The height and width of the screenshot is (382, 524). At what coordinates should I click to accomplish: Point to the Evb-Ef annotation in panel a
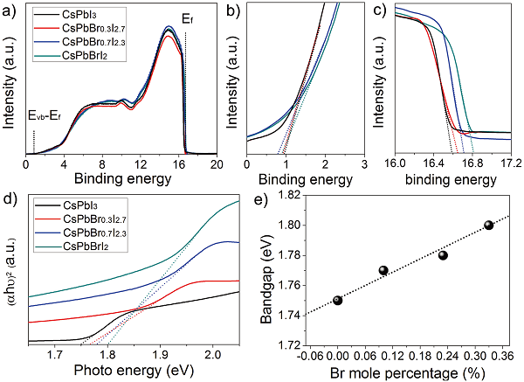tap(45, 115)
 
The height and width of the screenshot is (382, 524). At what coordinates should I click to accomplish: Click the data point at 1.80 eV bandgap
tap(489, 225)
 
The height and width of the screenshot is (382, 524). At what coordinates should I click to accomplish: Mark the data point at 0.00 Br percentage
tap(338, 300)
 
